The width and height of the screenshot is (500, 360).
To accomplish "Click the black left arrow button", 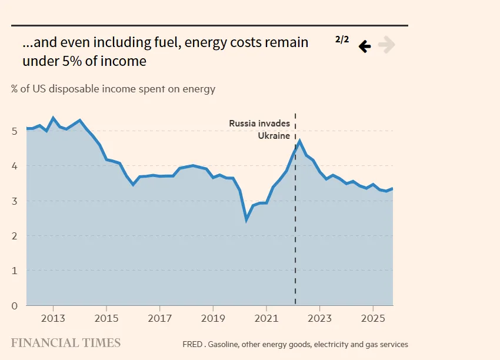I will (365, 46).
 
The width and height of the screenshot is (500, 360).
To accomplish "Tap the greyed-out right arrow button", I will (386, 45).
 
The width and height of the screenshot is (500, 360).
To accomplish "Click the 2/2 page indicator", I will (342, 40).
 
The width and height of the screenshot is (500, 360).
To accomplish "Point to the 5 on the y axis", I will (14, 131).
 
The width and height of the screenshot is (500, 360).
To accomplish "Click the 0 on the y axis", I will (14, 305).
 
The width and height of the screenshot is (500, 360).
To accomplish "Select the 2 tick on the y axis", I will (14, 236).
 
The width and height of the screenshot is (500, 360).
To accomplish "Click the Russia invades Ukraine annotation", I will (259, 129).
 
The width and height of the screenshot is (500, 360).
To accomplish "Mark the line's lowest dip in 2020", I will (246, 219).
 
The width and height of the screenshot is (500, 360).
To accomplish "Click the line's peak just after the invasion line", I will (299, 141).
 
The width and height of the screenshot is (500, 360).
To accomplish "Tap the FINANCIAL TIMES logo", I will (66, 343).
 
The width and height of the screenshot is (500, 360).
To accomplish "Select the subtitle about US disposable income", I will (113, 89).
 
